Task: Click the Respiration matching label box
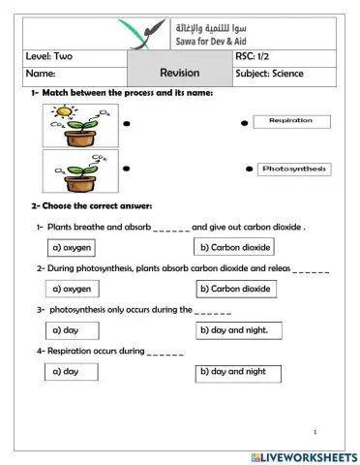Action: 291,121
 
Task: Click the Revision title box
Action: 179,73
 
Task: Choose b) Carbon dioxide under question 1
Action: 235,247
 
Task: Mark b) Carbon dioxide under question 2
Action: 235,288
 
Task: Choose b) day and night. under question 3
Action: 235,329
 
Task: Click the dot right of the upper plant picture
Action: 126,125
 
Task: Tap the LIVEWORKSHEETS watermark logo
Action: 302,455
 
